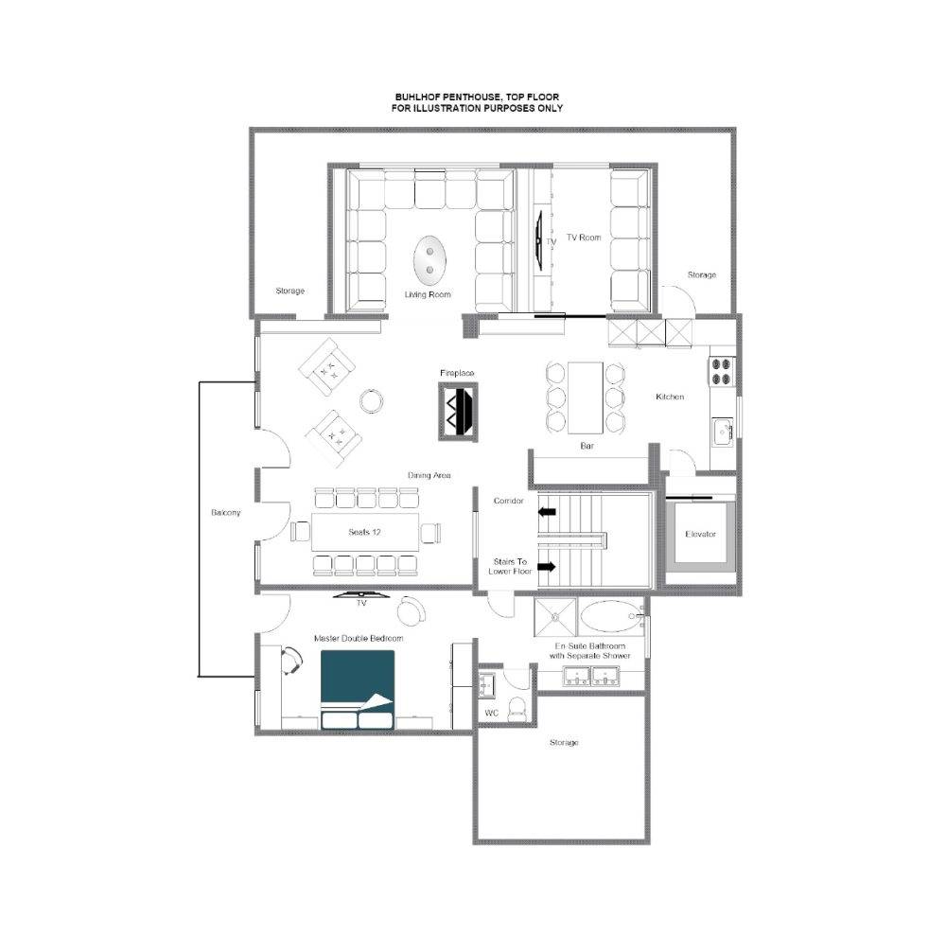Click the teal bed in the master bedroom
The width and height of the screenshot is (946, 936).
[x=358, y=689]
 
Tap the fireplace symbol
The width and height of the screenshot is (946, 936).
[x=458, y=412]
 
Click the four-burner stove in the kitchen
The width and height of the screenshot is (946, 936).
[x=722, y=371]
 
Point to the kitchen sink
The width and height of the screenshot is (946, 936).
[x=722, y=433]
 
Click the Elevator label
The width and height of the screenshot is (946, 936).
[x=700, y=534]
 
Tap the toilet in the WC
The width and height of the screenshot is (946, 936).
[x=517, y=709]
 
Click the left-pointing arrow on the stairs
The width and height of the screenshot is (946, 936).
[x=547, y=512]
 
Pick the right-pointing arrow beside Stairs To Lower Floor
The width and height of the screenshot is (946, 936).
[x=547, y=567]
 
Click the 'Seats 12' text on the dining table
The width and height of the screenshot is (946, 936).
[x=364, y=532]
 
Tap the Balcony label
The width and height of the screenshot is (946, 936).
[x=226, y=512]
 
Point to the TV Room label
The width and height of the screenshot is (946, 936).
[x=584, y=238]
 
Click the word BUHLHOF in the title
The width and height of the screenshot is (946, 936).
[x=417, y=97]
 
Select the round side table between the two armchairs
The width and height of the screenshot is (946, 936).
[x=371, y=400]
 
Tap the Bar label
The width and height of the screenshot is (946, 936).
[x=587, y=446]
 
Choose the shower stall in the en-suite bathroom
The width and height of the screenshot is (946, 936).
[x=555, y=617]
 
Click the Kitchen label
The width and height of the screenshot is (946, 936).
[x=670, y=397]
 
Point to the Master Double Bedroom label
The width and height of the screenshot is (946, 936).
[x=359, y=638]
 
